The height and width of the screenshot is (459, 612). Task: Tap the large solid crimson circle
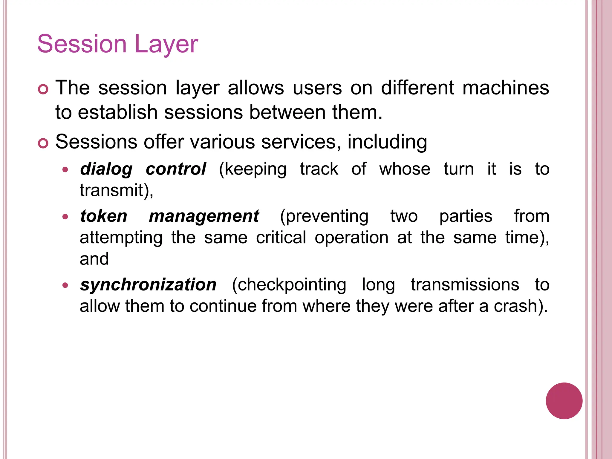(564, 401)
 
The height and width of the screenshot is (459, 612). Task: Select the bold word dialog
(106, 169)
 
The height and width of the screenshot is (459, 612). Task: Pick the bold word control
(176, 169)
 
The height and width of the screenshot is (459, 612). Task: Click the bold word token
(104, 216)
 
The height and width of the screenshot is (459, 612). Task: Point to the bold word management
(204, 217)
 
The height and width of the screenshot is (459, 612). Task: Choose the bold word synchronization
(148, 284)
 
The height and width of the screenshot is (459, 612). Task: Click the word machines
(506, 88)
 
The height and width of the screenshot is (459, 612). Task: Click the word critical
(281, 238)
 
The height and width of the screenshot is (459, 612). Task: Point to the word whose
(405, 169)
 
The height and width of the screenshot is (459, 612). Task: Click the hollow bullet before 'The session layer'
(43, 89)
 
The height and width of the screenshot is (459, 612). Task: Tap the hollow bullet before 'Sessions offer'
(43, 143)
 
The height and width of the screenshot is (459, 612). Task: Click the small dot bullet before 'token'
(65, 217)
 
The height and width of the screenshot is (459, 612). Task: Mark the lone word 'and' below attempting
(94, 259)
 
